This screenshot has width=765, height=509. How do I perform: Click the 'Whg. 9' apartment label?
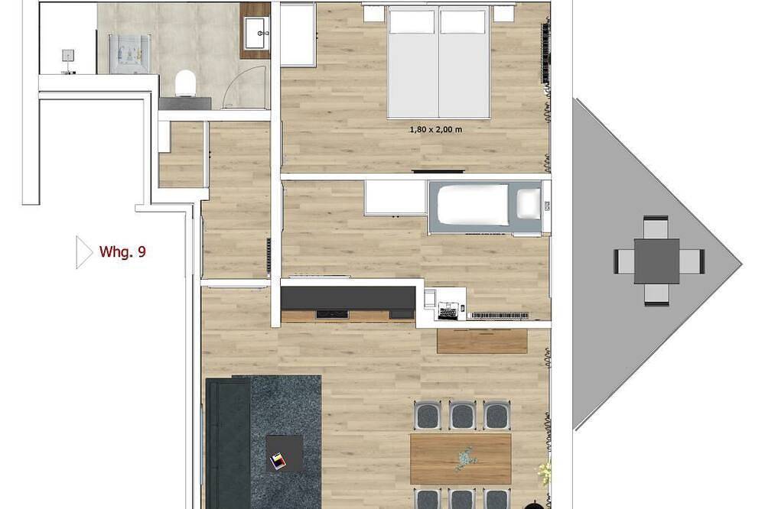[122, 251]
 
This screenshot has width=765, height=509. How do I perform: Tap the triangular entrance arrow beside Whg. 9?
[84, 252]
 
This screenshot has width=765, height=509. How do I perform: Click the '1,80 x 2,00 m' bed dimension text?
[436, 130]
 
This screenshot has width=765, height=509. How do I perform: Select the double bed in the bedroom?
[438, 63]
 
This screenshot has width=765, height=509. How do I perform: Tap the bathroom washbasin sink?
[257, 33]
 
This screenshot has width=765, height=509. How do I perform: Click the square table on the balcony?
[656, 261]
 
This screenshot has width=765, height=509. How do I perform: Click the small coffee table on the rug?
[285, 453]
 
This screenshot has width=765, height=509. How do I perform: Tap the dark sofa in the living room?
[228, 443]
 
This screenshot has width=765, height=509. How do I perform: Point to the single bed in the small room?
[484, 208]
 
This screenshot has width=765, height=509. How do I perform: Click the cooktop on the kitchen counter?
[332, 314]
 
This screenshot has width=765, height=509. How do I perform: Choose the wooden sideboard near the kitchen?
[482, 342]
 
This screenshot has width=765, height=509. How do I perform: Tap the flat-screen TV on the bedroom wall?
[438, 171]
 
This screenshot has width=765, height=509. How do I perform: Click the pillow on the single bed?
[529, 203]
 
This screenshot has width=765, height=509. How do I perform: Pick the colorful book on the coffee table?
[278, 461]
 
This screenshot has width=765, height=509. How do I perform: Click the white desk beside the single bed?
[396, 197]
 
